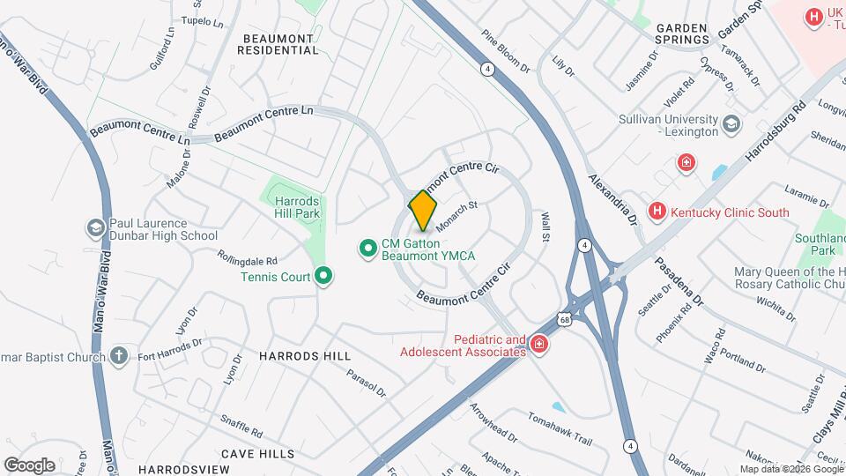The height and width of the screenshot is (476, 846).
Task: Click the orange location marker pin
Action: [423, 211]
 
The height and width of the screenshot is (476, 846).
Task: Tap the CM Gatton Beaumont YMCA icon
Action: [367, 249]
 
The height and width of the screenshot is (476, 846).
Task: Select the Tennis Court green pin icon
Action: [323, 277]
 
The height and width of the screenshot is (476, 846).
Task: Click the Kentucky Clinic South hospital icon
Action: [657, 212]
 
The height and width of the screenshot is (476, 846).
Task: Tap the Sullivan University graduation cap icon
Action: [731, 124]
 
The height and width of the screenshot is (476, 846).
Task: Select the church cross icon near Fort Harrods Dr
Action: [120, 356]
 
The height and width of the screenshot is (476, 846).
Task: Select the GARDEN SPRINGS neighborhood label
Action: [694, 33]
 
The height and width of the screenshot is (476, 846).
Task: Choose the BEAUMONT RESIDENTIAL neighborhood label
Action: [278, 44]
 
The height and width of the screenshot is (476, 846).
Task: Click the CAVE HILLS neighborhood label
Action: [257, 453]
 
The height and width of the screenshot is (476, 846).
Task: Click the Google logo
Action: [30, 465]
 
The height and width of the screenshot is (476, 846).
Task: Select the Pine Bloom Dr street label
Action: [505, 52]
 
